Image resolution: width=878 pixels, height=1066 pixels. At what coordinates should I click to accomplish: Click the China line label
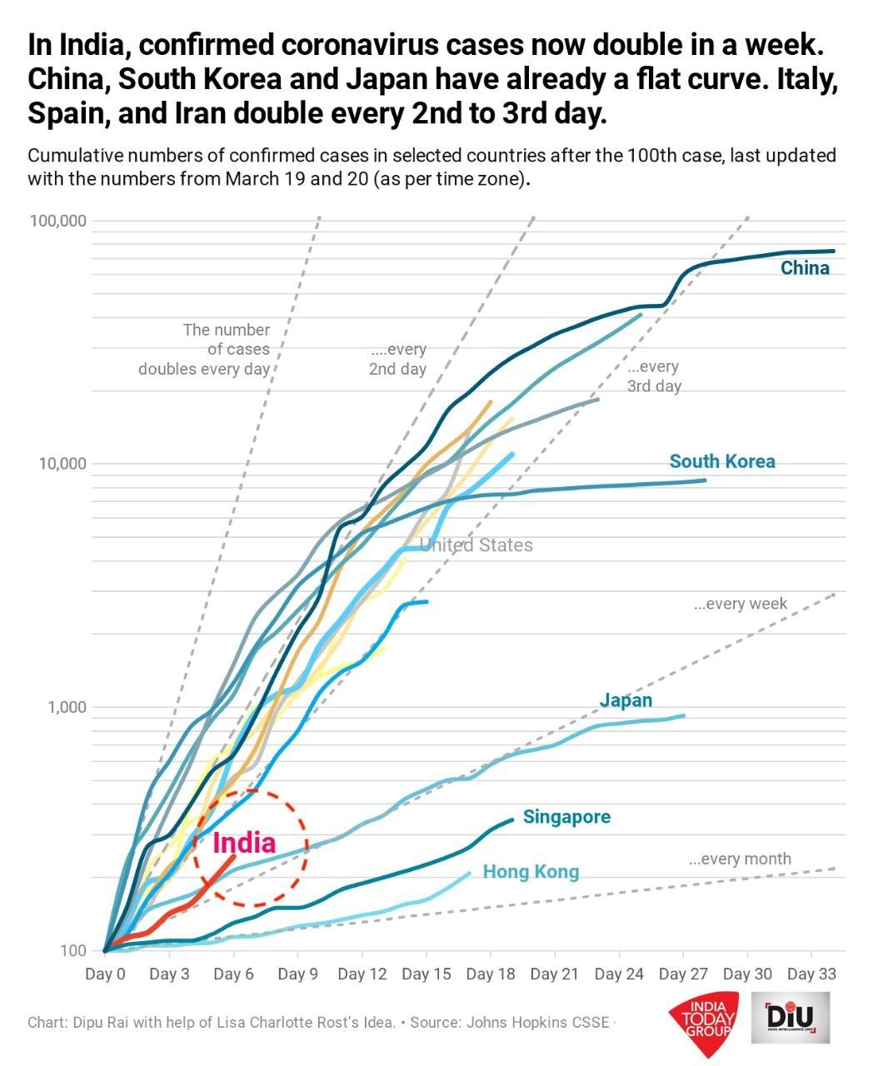[805, 268]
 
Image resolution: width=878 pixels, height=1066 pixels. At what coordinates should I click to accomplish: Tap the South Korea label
[722, 461]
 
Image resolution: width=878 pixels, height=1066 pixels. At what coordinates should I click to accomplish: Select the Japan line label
[626, 700]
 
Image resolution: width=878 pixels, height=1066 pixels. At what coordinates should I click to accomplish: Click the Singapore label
[566, 817]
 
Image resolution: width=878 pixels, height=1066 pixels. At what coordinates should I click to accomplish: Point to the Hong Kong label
[531, 872]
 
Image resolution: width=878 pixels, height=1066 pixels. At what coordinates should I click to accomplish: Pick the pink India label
[243, 843]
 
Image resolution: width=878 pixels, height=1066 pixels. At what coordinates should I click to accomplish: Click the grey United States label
[476, 545]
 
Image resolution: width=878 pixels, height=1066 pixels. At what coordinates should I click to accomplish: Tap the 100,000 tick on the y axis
[58, 221]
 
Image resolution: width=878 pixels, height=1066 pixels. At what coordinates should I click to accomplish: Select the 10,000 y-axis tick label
[62, 464]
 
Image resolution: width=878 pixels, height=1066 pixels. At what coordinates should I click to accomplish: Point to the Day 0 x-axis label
[105, 974]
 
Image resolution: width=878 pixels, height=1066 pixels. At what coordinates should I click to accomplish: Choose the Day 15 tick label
[426, 974]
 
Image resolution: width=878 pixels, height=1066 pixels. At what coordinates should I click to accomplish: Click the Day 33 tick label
[811, 974]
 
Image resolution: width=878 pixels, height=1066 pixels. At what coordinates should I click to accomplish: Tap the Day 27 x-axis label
[683, 974]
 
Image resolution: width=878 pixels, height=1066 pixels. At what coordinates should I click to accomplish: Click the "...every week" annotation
[740, 604]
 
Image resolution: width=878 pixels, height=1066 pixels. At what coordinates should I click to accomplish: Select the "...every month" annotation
[740, 859]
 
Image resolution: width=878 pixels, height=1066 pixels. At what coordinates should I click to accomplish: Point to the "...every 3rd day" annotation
[654, 376]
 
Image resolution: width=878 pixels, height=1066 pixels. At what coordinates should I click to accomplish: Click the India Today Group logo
[705, 1019]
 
